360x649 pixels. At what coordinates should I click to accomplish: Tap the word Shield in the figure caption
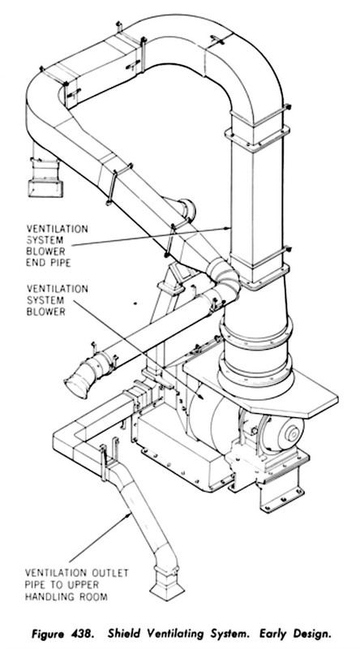coord(124,634)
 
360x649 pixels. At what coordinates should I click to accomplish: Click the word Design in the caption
coord(312,634)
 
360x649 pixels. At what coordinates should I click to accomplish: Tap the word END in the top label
coord(35,262)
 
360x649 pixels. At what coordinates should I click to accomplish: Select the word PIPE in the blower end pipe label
coord(58,262)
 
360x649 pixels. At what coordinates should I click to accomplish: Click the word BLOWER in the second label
coord(46,312)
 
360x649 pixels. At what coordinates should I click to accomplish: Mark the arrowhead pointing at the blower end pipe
coord(227,228)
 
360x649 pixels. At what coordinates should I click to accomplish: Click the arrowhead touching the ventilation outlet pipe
coord(129,515)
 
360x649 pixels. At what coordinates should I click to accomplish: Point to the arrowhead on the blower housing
coord(201,397)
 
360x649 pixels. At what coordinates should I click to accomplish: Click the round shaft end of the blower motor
coord(294,434)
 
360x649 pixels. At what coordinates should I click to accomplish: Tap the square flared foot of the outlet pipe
coord(167,584)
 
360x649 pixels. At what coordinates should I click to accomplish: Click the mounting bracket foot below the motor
coord(281,495)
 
